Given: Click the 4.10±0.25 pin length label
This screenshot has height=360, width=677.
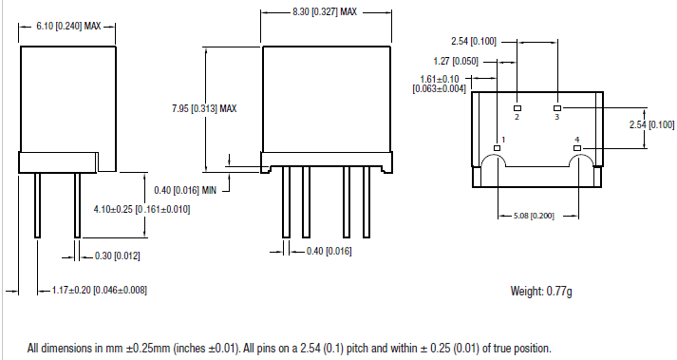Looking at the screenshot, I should pos(141,209).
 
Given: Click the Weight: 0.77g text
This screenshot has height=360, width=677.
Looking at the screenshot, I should pos(541,290).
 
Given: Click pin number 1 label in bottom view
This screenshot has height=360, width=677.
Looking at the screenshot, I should pos(503,140).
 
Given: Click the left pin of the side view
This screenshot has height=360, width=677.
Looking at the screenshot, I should pos(37,204).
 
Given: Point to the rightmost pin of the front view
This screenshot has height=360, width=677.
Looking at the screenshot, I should pos(367,205).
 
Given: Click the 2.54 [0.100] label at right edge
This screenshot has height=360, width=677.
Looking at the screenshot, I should pos(651,124).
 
